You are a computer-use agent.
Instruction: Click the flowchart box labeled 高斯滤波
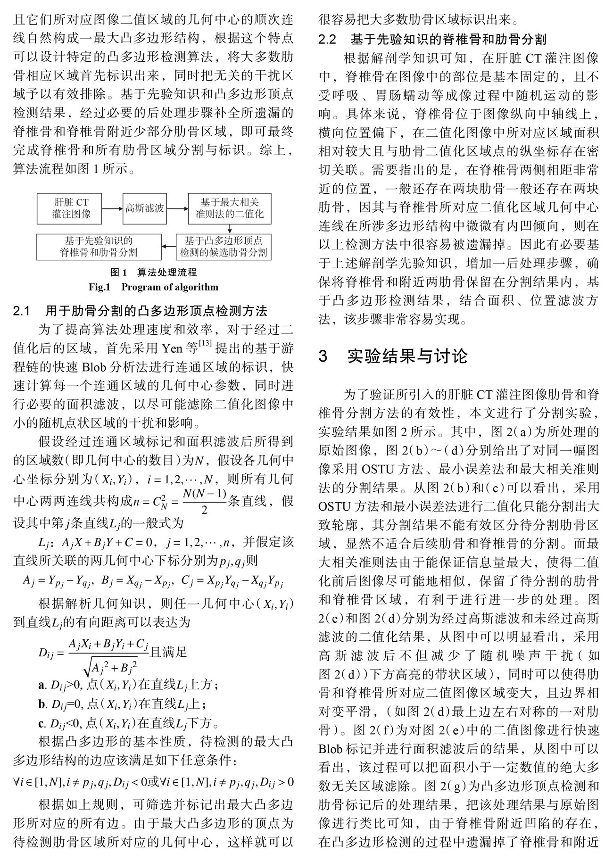coord(145,208)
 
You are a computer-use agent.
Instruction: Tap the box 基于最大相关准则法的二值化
coord(230,208)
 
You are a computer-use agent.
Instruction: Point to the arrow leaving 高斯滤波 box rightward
coord(178,208)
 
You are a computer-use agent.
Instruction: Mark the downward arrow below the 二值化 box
coord(230,228)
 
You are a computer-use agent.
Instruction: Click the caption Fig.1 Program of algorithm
coord(153,287)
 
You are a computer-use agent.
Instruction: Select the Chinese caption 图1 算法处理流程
coord(153,273)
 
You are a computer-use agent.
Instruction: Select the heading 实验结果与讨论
coord(407,356)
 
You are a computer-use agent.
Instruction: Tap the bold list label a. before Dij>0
coord(41,683)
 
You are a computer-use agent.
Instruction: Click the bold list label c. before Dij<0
coord(41,723)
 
